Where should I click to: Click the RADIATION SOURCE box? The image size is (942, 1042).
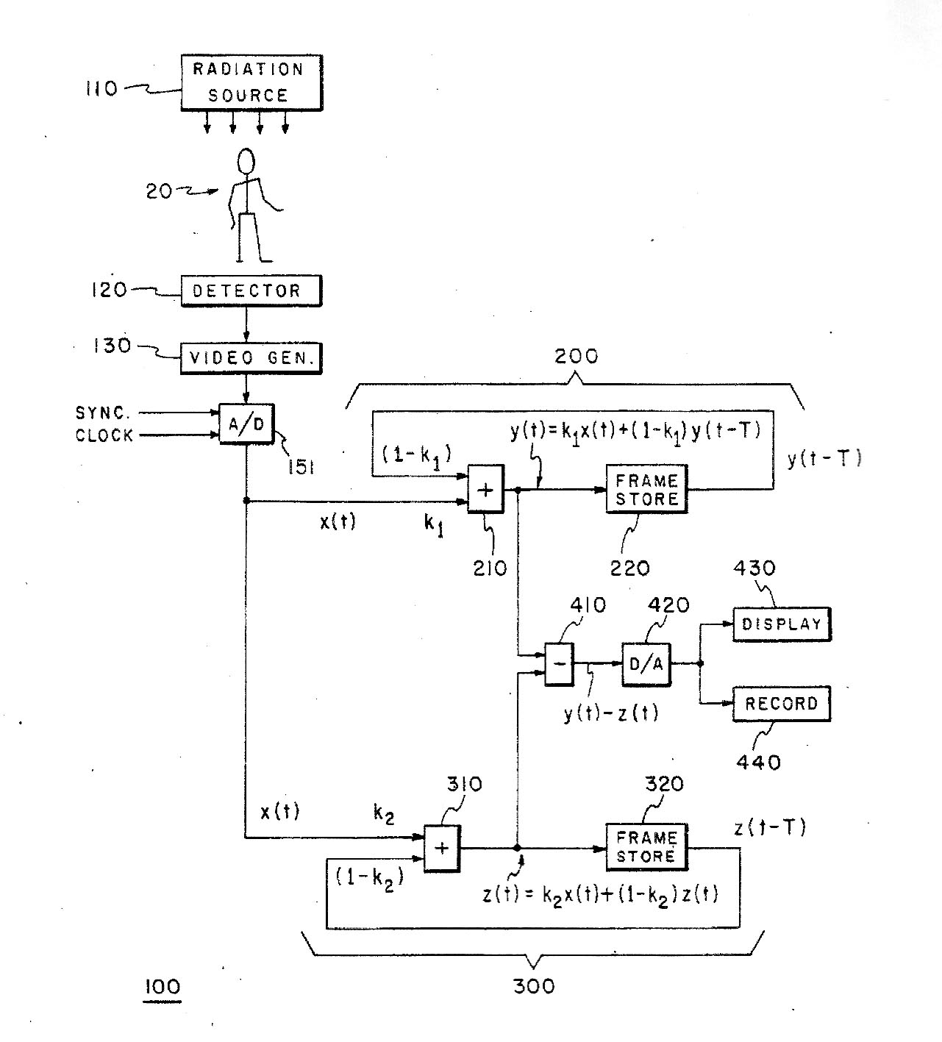tap(251, 82)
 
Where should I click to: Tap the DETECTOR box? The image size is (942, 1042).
tap(251, 290)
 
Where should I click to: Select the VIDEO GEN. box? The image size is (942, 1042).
tap(251, 358)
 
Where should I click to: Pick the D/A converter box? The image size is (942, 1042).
tap(646, 664)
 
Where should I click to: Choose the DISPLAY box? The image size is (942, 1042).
tap(781, 624)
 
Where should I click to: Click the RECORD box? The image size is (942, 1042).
tap(781, 704)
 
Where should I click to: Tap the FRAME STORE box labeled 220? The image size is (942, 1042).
tap(646, 489)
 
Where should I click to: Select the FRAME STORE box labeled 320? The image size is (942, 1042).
tap(646, 847)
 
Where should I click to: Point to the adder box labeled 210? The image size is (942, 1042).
tap(486, 489)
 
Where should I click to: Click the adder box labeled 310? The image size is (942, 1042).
tap(442, 848)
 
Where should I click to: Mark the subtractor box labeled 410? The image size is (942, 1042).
tap(559, 664)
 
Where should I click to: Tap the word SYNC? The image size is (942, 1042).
tap(103, 413)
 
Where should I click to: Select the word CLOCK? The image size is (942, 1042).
tap(104, 435)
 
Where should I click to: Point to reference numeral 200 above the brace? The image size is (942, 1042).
tap(576, 357)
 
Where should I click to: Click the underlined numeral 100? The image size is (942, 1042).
tap(163, 986)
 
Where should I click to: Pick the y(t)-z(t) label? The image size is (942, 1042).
tap(611, 713)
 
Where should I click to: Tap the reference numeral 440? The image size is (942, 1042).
tap(758, 763)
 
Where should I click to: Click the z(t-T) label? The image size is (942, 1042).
tap(770, 828)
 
